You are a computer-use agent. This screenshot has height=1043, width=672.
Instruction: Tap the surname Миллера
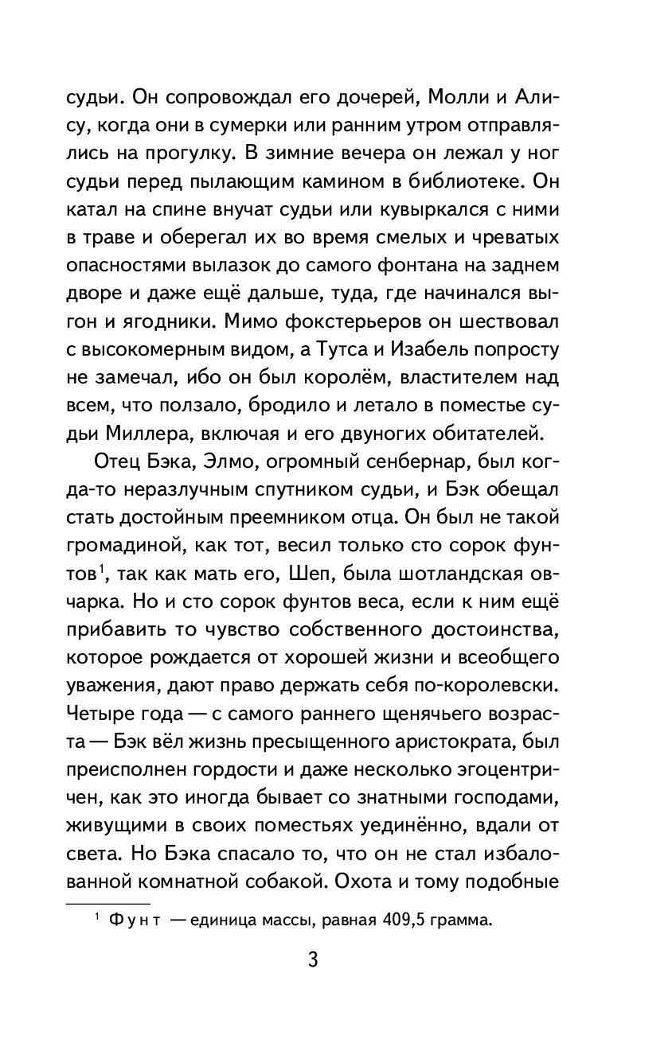[x=145, y=433]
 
